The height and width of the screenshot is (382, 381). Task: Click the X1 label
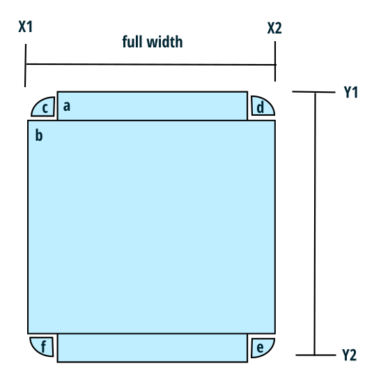pyautogui.click(x=26, y=26)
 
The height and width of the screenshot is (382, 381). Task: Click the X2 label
pyautogui.click(x=274, y=28)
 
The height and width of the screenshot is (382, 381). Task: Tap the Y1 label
pyautogui.click(x=351, y=92)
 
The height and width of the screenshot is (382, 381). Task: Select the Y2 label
pyautogui.click(x=350, y=355)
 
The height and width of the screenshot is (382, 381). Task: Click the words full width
pyautogui.click(x=153, y=42)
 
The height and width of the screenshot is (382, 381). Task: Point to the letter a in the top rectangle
pyautogui.click(x=67, y=106)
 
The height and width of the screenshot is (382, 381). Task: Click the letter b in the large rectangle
pyautogui.click(x=39, y=135)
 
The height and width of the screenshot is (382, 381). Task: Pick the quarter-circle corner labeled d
pyautogui.click(x=262, y=106)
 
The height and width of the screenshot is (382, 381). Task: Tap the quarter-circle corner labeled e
pyautogui.click(x=262, y=347)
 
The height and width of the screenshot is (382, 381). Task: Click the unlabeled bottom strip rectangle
pyautogui.click(x=153, y=348)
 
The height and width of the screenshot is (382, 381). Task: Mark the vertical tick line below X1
pyautogui.click(x=25, y=66)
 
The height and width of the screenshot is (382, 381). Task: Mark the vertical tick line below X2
pyautogui.click(x=275, y=61)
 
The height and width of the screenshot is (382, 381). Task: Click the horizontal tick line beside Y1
pyautogui.click(x=314, y=92)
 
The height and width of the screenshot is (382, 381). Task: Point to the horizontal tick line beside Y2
pyautogui.click(x=316, y=355)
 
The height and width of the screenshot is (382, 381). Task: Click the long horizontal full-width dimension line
pyautogui.click(x=151, y=64)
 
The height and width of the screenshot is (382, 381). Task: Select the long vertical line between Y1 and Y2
pyautogui.click(x=315, y=224)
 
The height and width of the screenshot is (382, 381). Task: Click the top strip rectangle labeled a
pyautogui.click(x=153, y=106)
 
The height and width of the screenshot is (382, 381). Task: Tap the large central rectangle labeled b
pyautogui.click(x=151, y=227)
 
